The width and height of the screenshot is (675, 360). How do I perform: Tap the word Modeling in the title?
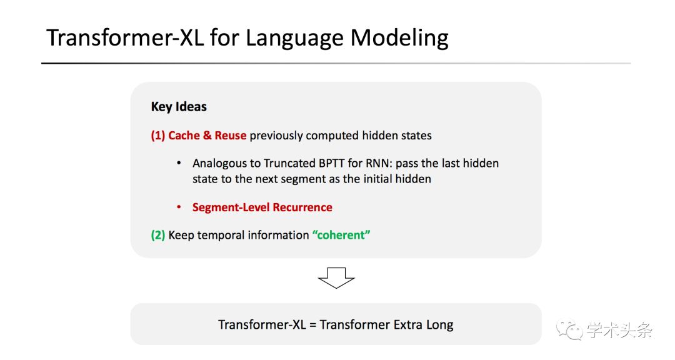pos(399,38)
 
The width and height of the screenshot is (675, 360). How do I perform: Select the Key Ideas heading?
pos(179,107)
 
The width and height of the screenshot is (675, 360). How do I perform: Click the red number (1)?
pos(158,136)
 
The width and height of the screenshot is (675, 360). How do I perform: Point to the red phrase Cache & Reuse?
pos(207,136)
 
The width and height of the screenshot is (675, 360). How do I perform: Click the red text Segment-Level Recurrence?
pos(262,207)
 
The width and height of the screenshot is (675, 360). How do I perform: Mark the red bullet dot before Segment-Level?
pos(179,207)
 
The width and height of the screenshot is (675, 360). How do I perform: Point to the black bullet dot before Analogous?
pos(179,163)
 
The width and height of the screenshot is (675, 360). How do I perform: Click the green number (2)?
pos(158,235)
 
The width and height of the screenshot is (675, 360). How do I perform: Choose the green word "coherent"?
pos(341,235)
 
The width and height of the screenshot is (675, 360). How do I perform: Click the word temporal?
pos(221,236)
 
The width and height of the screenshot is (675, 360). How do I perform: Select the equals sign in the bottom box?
pos(312,325)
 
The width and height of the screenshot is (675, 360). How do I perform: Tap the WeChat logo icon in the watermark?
pos(569,329)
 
